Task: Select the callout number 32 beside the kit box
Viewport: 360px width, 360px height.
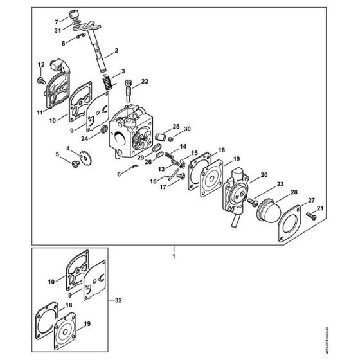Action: pyautogui.click(x=118, y=300)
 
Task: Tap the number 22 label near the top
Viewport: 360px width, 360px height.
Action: pyautogui.click(x=145, y=81)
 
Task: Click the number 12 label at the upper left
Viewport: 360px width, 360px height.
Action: pyautogui.click(x=40, y=64)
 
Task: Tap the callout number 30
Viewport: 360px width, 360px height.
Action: pyautogui.click(x=187, y=128)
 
